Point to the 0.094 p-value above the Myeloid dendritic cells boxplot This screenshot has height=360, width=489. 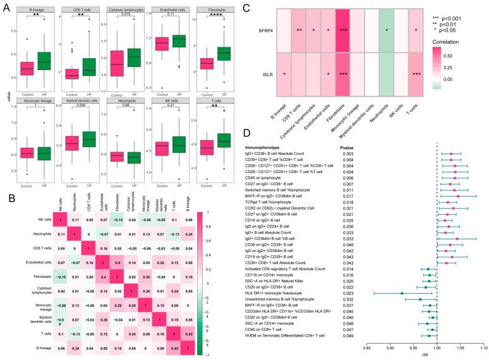click(x=72, y=105)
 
